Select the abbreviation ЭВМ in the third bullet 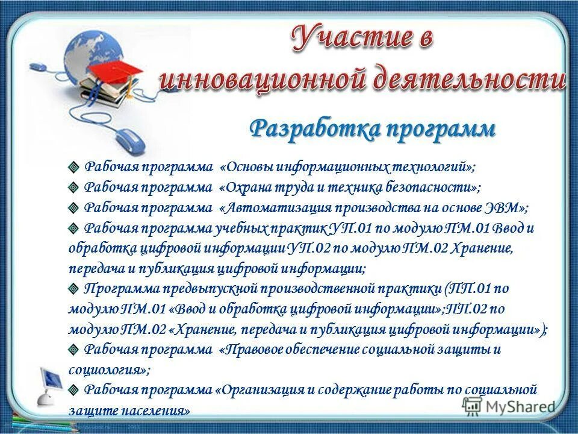coord(508,208)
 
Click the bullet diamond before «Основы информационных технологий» coord(73,167)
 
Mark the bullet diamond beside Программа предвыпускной coord(73,289)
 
